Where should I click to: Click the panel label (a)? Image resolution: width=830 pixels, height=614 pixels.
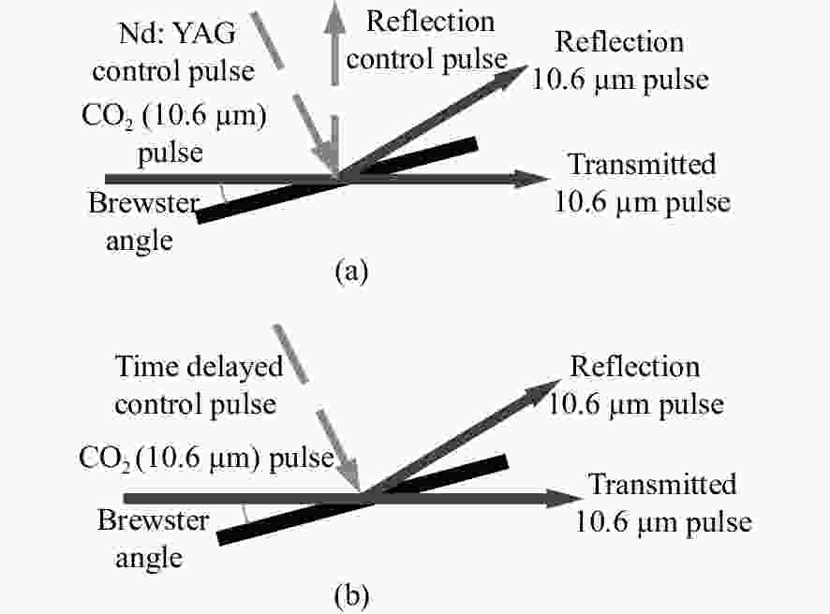[x=351, y=271]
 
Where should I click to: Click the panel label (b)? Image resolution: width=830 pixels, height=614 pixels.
[x=351, y=595]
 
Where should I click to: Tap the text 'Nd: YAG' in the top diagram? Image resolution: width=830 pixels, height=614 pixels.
[x=177, y=34]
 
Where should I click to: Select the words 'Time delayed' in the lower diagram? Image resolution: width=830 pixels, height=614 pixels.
[x=199, y=367]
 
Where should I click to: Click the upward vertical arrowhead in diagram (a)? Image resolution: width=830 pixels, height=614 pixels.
[x=334, y=16]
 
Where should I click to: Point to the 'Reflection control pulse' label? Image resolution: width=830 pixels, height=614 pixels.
[x=427, y=40]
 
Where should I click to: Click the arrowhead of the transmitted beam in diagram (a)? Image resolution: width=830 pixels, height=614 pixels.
[x=531, y=179]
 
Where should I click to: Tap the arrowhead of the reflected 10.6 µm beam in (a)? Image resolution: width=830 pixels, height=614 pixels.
[x=511, y=75]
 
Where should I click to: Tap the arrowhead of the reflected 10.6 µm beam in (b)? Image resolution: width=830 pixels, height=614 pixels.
[x=543, y=390]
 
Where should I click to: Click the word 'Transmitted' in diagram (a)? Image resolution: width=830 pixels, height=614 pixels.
[x=642, y=165]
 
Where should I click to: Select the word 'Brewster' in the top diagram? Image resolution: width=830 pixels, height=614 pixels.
[x=144, y=203]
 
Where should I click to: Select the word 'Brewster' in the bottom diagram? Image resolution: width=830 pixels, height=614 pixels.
[x=154, y=520]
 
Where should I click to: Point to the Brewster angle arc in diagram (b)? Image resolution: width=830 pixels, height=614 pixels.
[x=245, y=514]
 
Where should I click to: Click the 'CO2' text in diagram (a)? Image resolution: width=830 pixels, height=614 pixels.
[x=106, y=116]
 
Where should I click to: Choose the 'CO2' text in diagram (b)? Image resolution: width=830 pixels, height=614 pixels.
[x=104, y=458]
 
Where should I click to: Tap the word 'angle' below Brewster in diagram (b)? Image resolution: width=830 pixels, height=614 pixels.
[x=149, y=559]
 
